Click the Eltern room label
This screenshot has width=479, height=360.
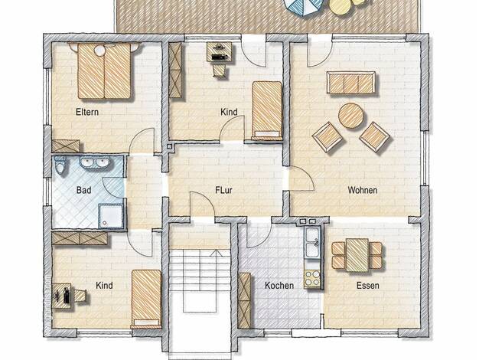pyautogui.click(x=87, y=112)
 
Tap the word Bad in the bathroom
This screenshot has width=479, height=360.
pyautogui.click(x=83, y=190)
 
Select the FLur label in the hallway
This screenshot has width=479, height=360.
pyautogui.click(x=223, y=190)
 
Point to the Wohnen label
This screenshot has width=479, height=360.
pyautogui.click(x=362, y=190)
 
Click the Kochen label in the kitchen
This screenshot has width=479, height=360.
pyautogui.click(x=279, y=286)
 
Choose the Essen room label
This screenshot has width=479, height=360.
pyautogui.click(x=368, y=286)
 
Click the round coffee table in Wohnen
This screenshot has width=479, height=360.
pyautogui.click(x=351, y=116)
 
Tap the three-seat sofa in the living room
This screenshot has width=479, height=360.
pyautogui.click(x=350, y=83)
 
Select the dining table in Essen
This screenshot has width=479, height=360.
pyautogui.click(x=357, y=255)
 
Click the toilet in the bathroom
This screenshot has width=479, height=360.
pyautogui.click(x=60, y=165)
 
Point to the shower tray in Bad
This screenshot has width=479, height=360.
pyautogui.click(x=110, y=216)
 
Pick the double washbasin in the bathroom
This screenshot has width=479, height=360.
pyautogui.click(x=95, y=162)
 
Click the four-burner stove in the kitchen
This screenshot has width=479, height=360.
pyautogui.click(x=312, y=278)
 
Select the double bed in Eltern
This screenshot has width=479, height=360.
pyautogui.click(x=104, y=71)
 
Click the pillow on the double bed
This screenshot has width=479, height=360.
pyautogui.click(x=99, y=50)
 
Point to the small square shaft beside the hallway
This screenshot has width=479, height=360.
pyautogui.click(x=169, y=147)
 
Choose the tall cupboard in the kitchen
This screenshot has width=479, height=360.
pyautogui.click(x=244, y=301)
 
